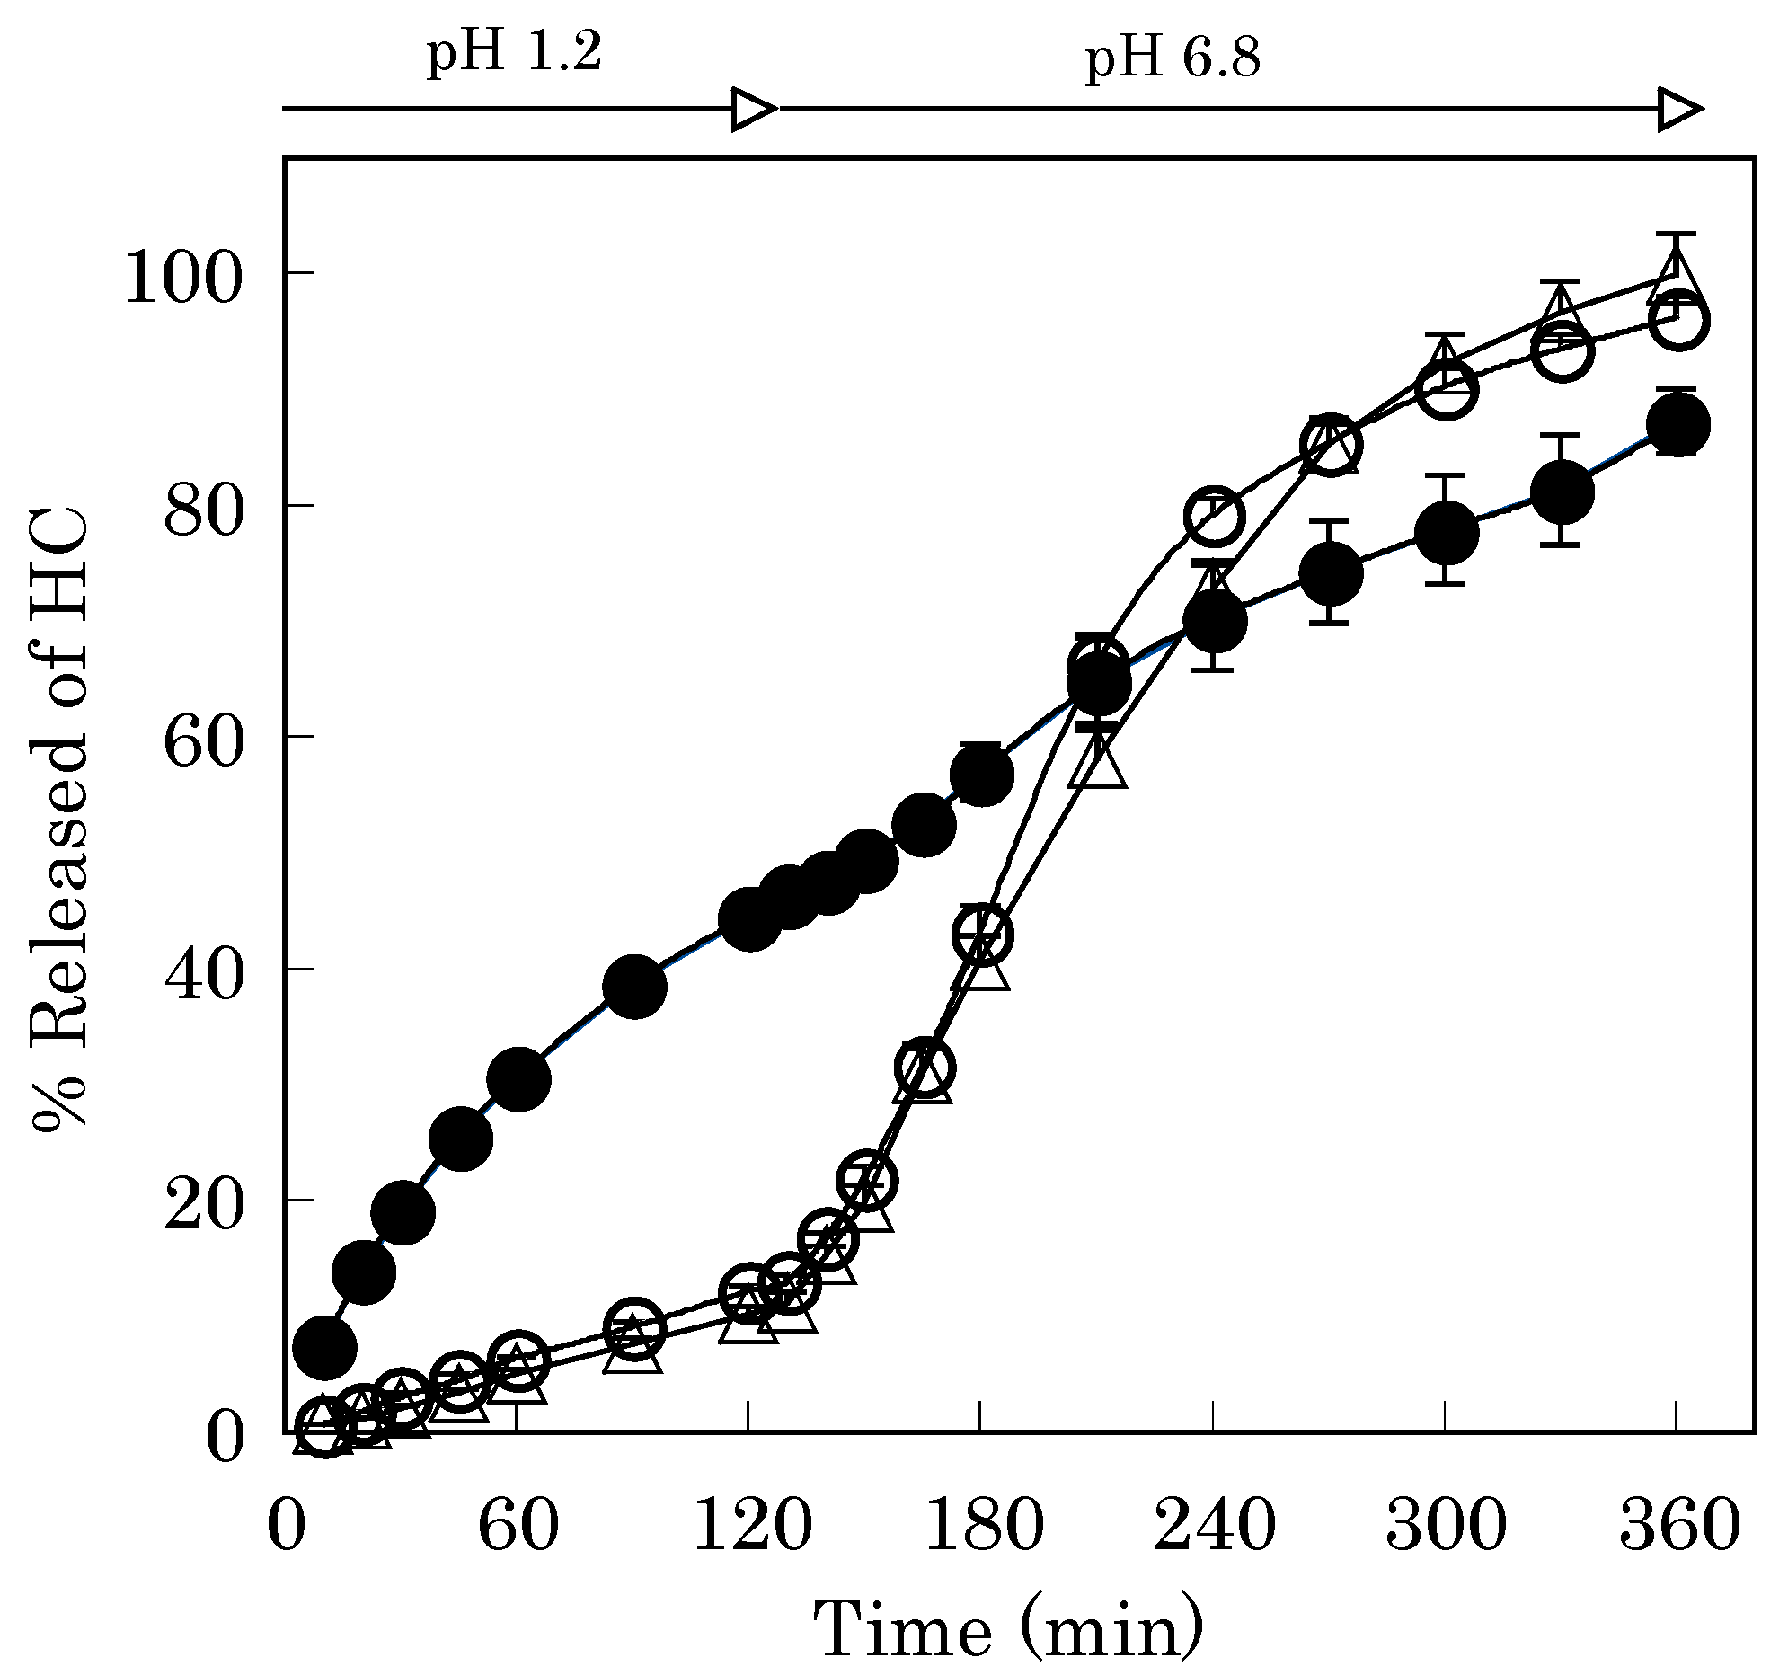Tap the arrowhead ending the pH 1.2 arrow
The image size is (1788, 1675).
754,110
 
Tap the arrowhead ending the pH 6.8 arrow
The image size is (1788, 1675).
1679,110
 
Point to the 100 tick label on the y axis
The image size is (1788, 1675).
183,276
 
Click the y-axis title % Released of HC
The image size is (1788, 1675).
59,819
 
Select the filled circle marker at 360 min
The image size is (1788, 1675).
1677,425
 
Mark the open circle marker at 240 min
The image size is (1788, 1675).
1214,517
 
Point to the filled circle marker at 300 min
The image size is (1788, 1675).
1447,533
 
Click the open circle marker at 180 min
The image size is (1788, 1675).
982,935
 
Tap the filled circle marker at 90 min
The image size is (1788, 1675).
635,987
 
